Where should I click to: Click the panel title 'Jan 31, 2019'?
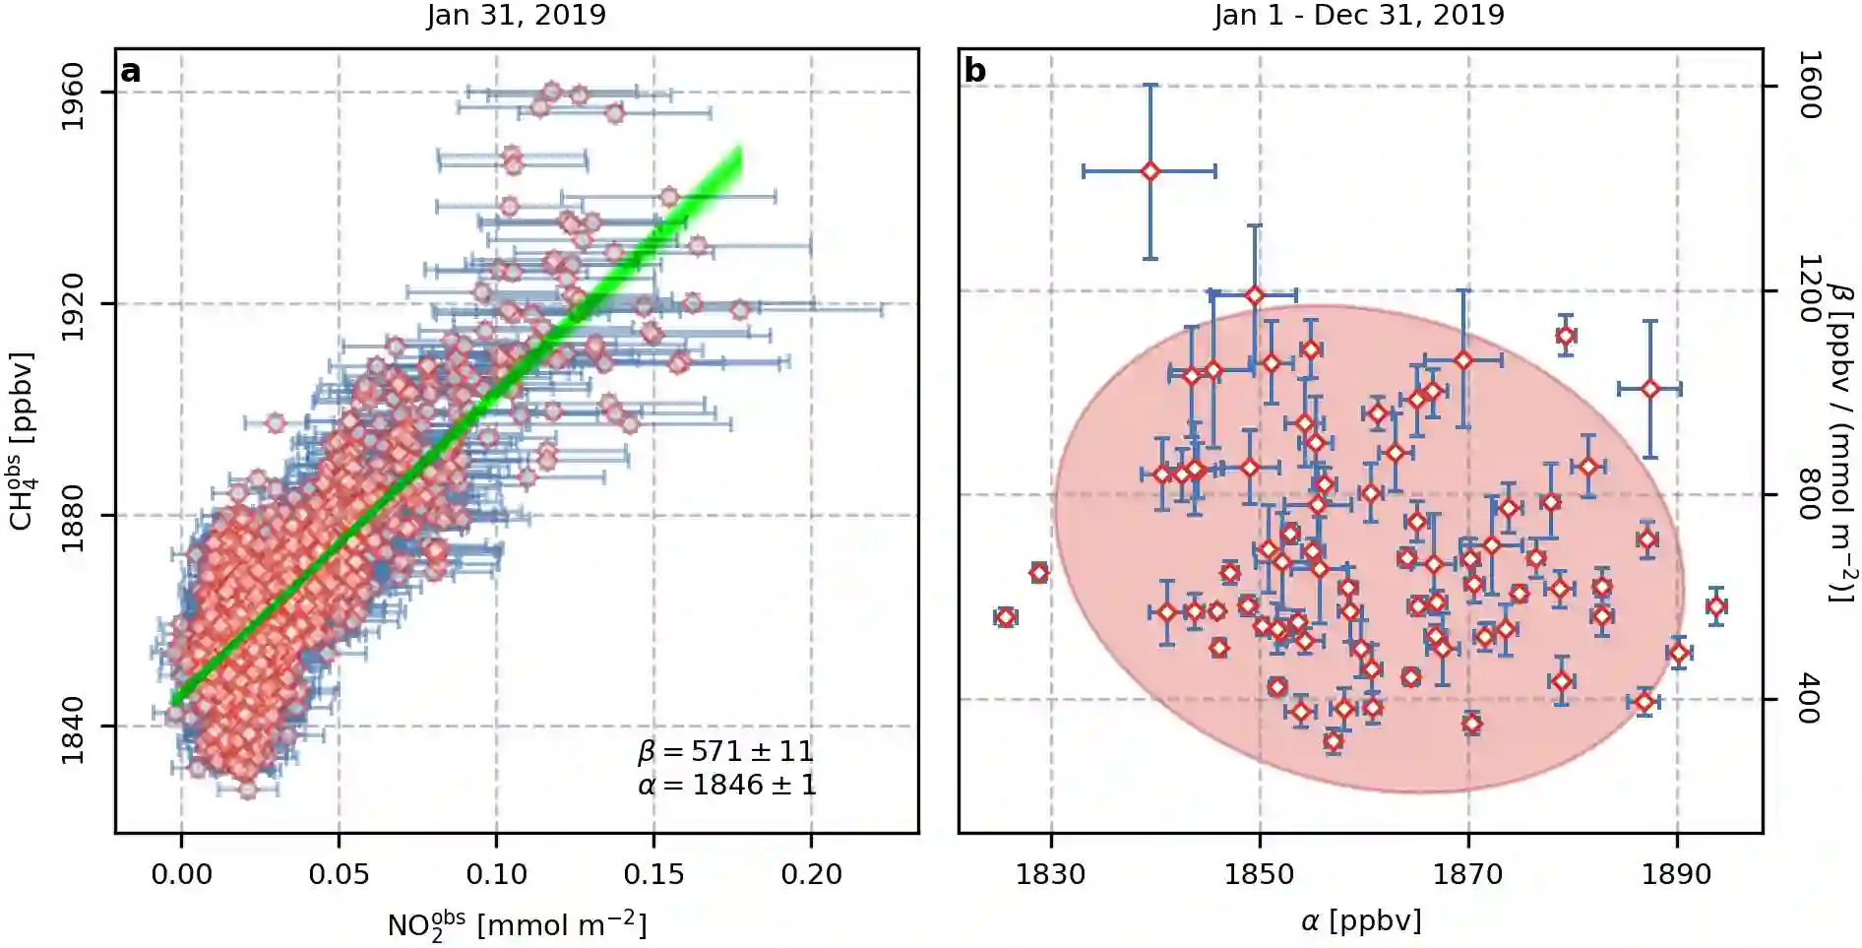(x=516, y=16)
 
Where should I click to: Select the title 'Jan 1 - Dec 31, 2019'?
(x=1358, y=16)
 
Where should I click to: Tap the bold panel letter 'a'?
(x=130, y=72)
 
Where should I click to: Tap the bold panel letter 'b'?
(x=974, y=71)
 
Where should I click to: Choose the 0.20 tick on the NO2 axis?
(x=811, y=874)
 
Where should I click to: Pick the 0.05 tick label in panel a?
(x=339, y=874)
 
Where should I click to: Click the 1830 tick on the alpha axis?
(x=1050, y=874)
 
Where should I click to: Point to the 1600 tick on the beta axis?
(x=1809, y=86)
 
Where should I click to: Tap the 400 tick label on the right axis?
(x=1809, y=699)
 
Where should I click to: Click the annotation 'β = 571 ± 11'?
(x=726, y=752)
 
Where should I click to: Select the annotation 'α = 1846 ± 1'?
(x=726, y=786)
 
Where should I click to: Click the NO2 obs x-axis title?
(x=517, y=925)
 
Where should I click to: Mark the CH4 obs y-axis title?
(x=24, y=441)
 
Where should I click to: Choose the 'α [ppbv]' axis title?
(x=1360, y=921)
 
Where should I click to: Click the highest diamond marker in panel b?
(x=1149, y=171)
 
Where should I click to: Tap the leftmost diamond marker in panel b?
(x=1005, y=617)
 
